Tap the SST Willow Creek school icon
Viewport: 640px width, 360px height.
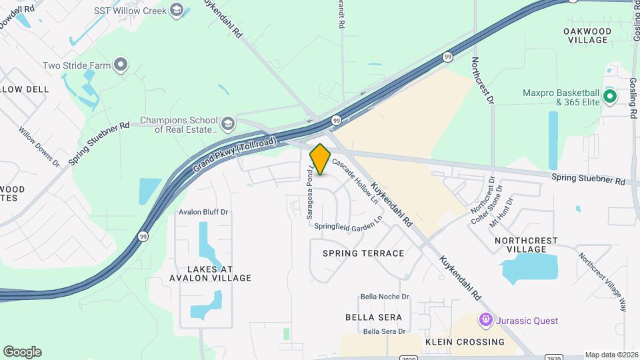pos(176,9)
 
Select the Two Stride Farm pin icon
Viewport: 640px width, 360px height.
pos(121,65)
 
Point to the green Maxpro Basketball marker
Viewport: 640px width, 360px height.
pos(609,97)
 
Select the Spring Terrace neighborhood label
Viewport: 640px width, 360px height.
pos(363,253)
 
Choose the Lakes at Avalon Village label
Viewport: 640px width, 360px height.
pos(210,273)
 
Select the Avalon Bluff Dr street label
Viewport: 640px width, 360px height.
pos(203,212)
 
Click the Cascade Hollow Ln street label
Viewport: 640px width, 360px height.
pos(355,180)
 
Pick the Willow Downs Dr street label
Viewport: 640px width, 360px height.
pos(39,147)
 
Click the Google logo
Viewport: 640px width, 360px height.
pos(22,352)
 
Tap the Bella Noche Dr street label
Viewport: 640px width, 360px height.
pos(384,297)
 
